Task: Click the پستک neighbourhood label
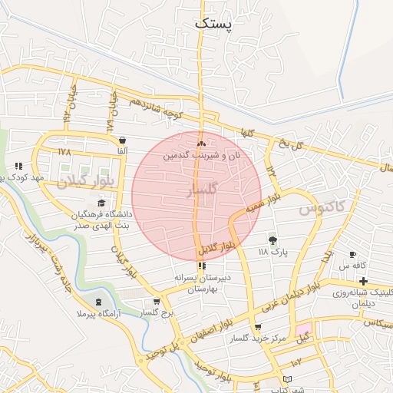coord(213,22)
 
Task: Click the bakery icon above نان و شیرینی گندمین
coord(201,144)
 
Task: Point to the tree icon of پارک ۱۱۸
coord(272,239)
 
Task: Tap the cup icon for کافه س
coord(352,254)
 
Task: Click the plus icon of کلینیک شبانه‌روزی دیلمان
coord(363,281)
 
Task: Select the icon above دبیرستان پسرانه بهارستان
coord(202,266)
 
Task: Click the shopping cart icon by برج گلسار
coord(157,302)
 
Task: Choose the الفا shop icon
coord(123,140)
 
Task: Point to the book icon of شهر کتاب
coord(287,379)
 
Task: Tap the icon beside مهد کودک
coord(18,165)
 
